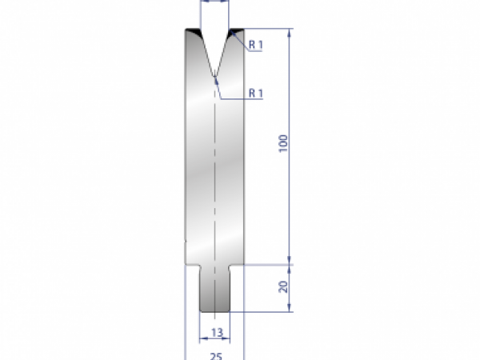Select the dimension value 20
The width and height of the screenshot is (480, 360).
pos(284,286)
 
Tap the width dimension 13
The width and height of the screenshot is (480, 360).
pos(215,331)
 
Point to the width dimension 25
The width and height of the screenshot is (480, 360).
pos(215,354)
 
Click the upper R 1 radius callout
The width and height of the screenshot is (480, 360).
pos(256,45)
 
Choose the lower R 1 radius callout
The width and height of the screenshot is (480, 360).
pos(256,94)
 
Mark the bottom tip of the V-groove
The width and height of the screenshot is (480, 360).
pos(215,78)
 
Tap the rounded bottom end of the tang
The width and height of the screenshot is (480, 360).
pos(215,311)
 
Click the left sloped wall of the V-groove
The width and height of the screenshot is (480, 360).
pos(206,53)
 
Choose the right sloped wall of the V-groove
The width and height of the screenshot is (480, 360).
pos(224,53)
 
